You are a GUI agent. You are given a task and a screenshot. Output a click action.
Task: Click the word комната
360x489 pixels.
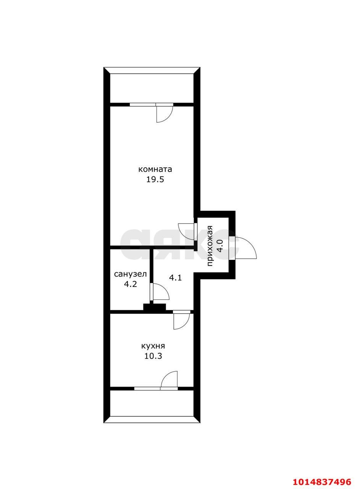click(155, 169)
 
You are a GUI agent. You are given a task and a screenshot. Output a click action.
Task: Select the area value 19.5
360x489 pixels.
click(155, 180)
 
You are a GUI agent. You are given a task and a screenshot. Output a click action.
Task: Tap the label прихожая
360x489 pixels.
click(210, 246)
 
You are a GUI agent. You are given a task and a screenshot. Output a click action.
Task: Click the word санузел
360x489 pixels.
click(130, 274)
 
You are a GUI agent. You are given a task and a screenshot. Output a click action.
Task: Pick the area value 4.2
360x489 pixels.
click(130, 284)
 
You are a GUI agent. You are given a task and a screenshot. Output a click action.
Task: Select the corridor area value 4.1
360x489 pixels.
click(175, 278)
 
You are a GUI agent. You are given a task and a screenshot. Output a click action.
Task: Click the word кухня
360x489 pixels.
click(153, 346)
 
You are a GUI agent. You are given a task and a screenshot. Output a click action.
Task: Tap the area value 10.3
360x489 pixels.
click(153, 356)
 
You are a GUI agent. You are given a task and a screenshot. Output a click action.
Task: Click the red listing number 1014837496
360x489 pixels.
click(321, 481)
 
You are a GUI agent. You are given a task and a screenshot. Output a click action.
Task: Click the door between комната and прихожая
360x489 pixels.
click(187, 231)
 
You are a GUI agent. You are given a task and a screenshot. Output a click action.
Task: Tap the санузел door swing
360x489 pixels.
click(160, 292)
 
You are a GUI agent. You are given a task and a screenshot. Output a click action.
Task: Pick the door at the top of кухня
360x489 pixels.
click(181, 320)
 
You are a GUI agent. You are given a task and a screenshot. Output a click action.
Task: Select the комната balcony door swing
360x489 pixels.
click(164, 113)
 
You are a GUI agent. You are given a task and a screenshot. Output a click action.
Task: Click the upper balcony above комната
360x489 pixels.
click(152, 88)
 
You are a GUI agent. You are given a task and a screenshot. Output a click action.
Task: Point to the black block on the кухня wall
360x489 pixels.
click(155, 307)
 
